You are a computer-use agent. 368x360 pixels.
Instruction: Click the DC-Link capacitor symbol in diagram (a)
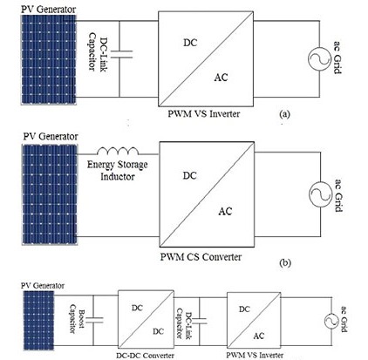pyautogui.click(x=121, y=54)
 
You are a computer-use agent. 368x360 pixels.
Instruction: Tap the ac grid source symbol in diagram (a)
pyautogui.click(x=319, y=58)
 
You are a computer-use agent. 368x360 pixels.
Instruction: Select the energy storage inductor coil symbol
pyautogui.click(x=118, y=151)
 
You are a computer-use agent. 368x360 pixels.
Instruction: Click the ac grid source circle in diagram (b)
pyautogui.click(x=320, y=194)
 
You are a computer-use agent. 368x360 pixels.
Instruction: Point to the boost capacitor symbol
pyautogui.click(x=93, y=320)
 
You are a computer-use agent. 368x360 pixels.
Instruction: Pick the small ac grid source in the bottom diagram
pyautogui.click(x=331, y=322)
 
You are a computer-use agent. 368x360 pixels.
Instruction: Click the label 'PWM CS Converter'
pyautogui.click(x=201, y=257)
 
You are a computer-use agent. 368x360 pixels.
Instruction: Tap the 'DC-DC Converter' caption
pyautogui.click(x=145, y=355)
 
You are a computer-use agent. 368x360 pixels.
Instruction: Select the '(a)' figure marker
pyautogui.click(x=284, y=114)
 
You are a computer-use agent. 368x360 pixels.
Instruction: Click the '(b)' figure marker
pyautogui.click(x=285, y=262)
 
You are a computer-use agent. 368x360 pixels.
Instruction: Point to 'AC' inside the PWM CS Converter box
pyautogui.click(x=225, y=211)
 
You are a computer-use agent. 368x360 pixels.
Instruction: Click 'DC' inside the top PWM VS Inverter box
pyautogui.click(x=190, y=43)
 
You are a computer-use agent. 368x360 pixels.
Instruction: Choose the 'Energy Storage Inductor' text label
pyautogui.click(x=118, y=171)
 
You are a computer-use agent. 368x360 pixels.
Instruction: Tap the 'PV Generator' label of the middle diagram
pyautogui.click(x=51, y=136)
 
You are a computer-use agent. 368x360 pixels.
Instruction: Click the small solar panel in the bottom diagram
pyautogui.click(x=38, y=321)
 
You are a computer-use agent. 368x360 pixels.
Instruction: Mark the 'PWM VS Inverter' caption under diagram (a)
pyautogui.click(x=204, y=113)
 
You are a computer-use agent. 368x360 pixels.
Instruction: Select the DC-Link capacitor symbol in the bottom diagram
pyautogui.click(x=200, y=321)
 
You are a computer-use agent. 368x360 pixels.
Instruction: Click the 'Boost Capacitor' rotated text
pyautogui.click(x=77, y=319)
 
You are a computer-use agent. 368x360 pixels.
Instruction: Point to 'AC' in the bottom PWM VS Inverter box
pyautogui.click(x=258, y=336)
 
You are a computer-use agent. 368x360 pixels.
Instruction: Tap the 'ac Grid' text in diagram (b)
pyautogui.click(x=338, y=195)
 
